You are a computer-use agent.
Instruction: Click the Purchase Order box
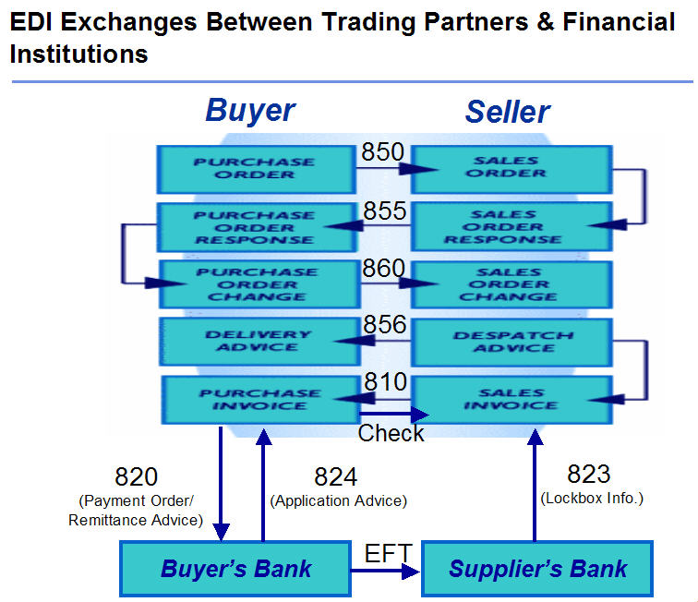[254, 168]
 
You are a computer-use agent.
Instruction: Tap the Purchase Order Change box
[257, 284]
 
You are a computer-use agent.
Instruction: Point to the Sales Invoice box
[511, 399]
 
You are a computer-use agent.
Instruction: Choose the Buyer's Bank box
[235, 569]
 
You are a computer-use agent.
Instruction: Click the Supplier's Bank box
[537, 569]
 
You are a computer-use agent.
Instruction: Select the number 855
[383, 211]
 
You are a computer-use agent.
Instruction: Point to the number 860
[383, 269]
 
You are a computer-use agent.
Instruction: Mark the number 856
[383, 325]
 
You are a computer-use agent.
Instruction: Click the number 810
[383, 380]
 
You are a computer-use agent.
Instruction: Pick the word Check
[391, 433]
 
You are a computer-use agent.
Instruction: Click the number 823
[589, 475]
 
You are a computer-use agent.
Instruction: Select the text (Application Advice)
[338, 500]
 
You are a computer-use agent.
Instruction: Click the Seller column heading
[507, 113]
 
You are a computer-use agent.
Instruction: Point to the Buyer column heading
[250, 111]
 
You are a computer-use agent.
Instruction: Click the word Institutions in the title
[78, 54]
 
